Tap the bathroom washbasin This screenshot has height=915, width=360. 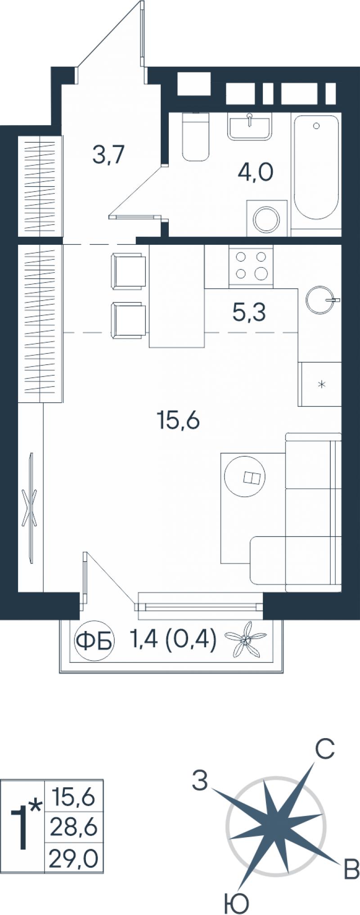pos(250,126)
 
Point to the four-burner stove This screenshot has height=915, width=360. pos(251,266)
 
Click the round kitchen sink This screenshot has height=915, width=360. pos(320,299)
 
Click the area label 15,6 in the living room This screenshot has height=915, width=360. pos(178,421)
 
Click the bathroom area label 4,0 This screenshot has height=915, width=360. pos(255,172)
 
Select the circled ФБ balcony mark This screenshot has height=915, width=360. pos(94,641)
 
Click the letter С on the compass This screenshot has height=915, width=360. pos(324,749)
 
